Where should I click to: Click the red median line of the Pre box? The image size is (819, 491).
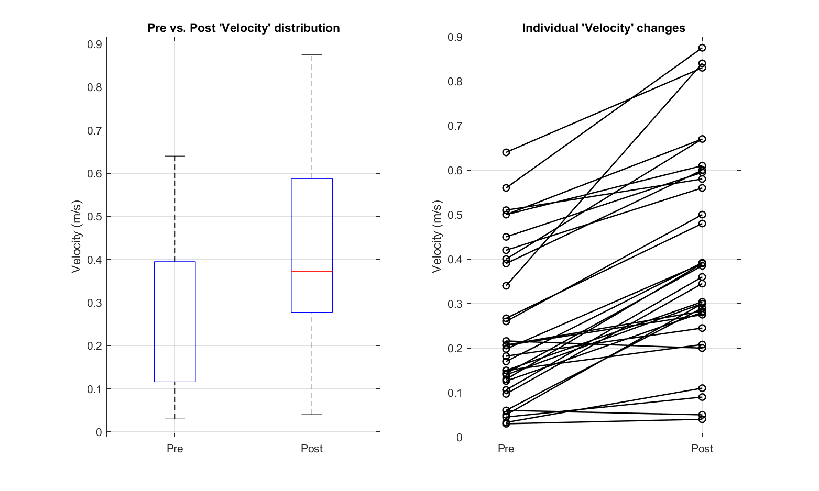pos(174,350)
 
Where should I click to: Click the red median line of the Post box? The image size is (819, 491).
pos(312,271)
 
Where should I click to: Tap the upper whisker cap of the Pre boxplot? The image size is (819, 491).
pos(174,156)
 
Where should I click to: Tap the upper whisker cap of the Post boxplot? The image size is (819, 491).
pos(312,54)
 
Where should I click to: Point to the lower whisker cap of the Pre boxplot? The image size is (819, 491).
pos(174,419)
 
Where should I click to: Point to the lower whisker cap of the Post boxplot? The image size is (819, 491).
pos(312,415)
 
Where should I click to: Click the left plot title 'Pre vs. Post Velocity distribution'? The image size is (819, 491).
pos(243,28)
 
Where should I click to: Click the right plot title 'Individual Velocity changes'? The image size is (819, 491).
pos(604,28)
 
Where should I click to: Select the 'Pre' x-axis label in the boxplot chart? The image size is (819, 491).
pos(174,449)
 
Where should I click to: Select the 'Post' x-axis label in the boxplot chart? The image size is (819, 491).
pos(312,449)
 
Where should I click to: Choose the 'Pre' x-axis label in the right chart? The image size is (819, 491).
pos(506,449)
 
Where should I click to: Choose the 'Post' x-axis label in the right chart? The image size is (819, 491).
pos(702,449)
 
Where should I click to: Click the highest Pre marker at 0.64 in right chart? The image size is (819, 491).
pos(506,152)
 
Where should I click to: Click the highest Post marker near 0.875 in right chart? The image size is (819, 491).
pos(702,48)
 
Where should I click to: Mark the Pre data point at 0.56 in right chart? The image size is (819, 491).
pos(506,188)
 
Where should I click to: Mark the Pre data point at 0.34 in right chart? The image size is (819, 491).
pos(506,286)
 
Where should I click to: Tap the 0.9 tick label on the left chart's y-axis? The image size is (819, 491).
pos(94,44)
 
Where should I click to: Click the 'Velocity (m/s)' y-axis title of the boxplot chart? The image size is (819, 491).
pos(77,236)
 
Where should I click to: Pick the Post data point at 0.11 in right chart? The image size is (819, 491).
pos(702,388)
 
